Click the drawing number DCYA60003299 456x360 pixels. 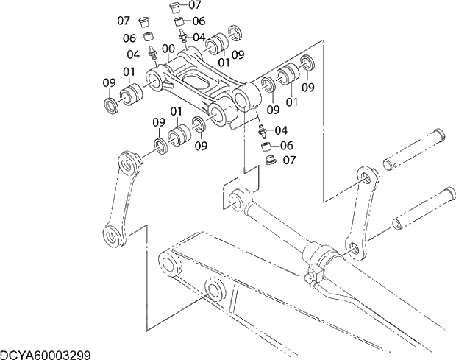coord(46,354)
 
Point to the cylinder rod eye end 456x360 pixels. coord(236,199)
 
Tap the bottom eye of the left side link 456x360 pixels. coord(113,236)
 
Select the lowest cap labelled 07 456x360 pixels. coord(269,160)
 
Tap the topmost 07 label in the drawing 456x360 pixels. coord(195,5)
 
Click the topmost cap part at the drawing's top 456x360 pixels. coord(175,7)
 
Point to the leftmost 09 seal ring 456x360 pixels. coord(111,105)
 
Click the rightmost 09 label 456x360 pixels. coord(307,87)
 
